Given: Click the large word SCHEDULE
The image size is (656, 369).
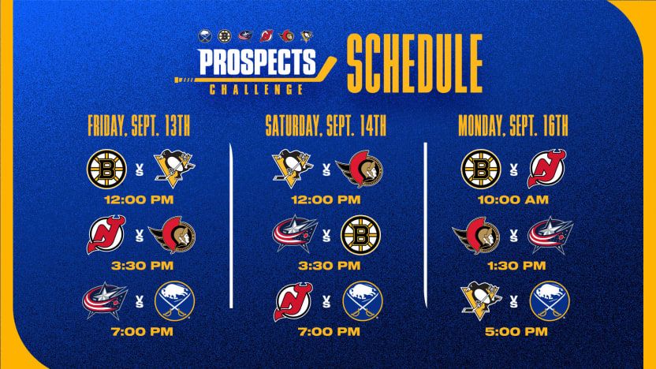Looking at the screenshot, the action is coord(415,64).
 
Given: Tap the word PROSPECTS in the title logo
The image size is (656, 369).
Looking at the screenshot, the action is coord(257,62).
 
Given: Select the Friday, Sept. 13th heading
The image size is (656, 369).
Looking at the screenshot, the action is coord(139,125).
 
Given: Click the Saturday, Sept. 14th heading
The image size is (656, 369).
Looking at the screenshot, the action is coord(326,125).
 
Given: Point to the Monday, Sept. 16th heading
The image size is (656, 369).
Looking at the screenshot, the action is coord(513,125).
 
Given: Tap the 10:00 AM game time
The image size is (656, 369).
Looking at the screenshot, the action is coord(513,199).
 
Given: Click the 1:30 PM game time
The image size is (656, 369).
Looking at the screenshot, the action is coord(516,266).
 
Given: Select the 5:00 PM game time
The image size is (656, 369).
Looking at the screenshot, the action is coord(516,332).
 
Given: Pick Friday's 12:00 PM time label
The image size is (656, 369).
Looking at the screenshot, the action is coord(139,199).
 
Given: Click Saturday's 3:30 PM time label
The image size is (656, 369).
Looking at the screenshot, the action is coord(330,266).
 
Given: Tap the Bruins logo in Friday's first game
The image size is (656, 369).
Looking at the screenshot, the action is coord(106,169).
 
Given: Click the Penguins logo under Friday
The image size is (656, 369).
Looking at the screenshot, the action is coord(174,169).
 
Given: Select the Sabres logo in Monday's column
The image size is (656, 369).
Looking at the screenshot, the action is coord(550,301).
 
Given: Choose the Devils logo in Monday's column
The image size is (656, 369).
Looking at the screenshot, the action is coord(546,169).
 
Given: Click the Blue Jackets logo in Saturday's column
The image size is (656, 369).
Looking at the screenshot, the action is coord(296,234).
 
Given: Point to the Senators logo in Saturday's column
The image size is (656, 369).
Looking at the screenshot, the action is coord(360,169).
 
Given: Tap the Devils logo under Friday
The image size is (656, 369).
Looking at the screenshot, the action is coord(106,235).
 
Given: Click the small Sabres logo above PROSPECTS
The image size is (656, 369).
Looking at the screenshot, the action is coord(205,36).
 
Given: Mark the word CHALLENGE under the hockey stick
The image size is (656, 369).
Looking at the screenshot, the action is coord(256,90).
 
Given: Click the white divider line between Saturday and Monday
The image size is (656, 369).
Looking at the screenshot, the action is coord(426,225).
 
